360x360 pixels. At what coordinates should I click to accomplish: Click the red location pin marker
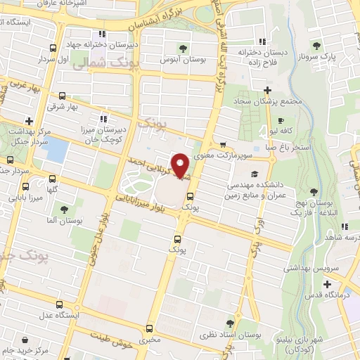(x=181, y=165)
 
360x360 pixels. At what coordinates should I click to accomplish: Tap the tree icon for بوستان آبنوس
(x=184, y=49)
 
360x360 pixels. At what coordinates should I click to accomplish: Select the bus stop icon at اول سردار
(x=53, y=49)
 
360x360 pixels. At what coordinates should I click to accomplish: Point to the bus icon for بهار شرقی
(x=63, y=96)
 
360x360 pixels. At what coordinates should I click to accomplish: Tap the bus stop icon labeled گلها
(x=25, y=187)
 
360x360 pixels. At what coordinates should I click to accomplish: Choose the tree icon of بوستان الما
(x=64, y=210)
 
